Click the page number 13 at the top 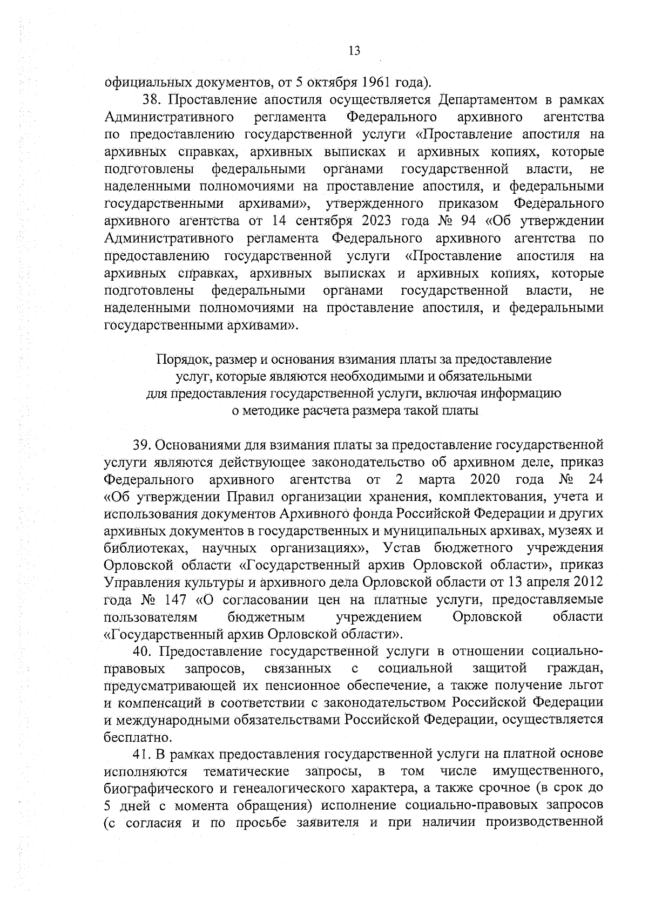tap(354, 51)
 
